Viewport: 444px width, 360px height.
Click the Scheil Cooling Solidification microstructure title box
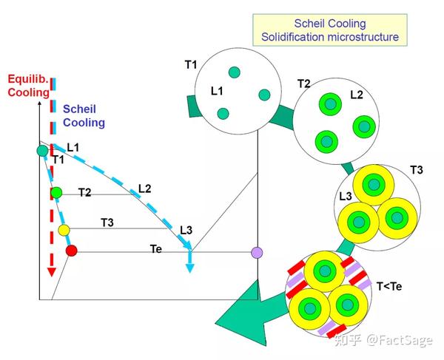point(329,30)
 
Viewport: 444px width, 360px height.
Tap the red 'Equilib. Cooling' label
point(28,86)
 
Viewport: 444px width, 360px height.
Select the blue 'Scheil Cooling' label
point(84,115)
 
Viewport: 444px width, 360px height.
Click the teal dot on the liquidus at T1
point(42,151)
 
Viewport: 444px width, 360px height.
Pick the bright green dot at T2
point(56,193)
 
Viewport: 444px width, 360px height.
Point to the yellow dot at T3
point(64,230)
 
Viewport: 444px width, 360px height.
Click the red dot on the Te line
point(71,251)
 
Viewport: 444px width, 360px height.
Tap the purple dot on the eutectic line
point(258,252)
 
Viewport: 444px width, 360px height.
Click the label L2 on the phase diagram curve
point(145,189)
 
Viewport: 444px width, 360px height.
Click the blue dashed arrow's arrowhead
point(189,267)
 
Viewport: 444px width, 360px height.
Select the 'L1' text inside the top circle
point(217,91)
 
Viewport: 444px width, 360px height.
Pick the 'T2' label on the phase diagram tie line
point(84,192)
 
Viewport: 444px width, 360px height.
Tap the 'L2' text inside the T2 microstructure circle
point(356,95)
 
